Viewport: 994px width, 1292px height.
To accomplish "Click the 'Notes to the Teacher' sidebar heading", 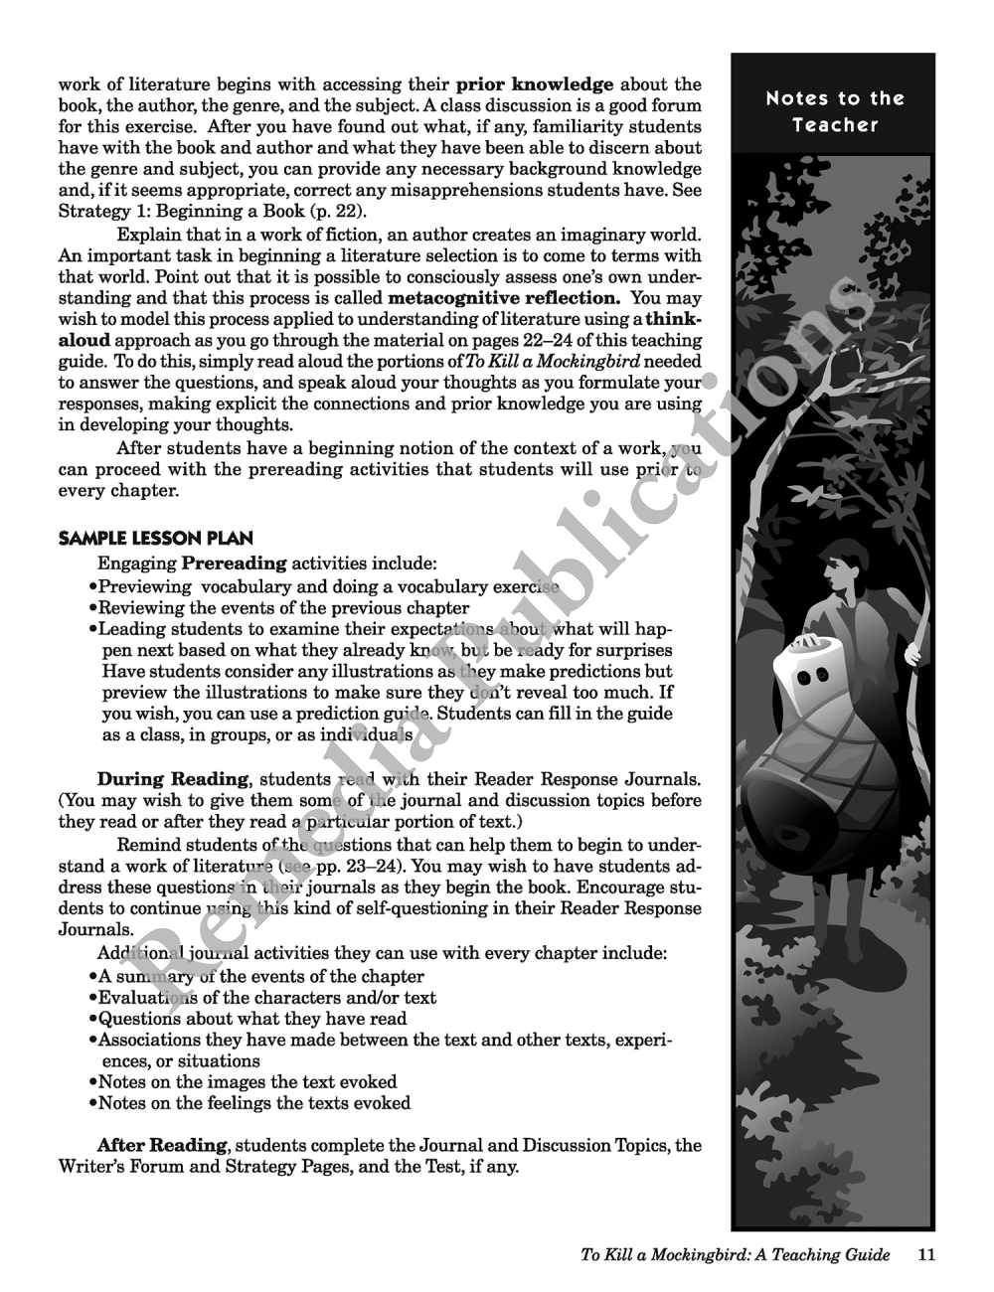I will click(x=835, y=111).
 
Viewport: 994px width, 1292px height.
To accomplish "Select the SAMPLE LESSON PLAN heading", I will click(x=156, y=539).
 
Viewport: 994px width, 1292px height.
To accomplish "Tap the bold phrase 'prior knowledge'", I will click(x=535, y=84).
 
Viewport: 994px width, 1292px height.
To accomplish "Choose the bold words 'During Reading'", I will click(x=172, y=779).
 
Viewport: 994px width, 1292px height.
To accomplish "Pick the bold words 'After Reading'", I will click(x=161, y=1145).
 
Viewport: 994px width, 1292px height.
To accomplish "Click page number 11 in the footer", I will click(x=925, y=1254).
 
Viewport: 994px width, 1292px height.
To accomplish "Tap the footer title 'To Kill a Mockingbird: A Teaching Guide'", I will click(x=735, y=1254).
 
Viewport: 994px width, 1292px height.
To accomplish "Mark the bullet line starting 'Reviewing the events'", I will click(x=283, y=608).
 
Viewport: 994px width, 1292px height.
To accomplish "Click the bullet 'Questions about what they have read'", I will click(x=252, y=1019).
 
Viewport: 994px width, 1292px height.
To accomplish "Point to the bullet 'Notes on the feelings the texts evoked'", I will click(x=253, y=1103).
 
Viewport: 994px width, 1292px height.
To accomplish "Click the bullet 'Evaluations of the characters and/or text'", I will click(x=266, y=998).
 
